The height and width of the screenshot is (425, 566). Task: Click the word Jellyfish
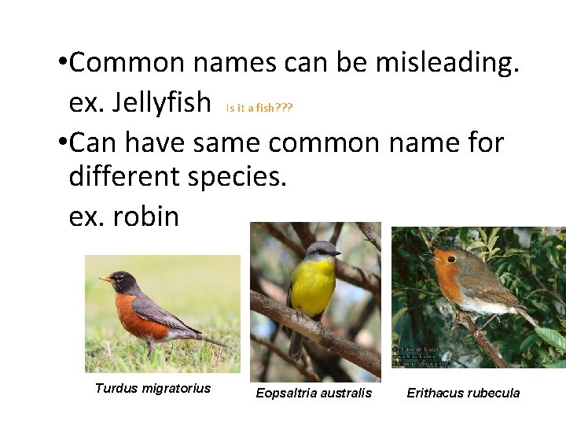[x=162, y=102]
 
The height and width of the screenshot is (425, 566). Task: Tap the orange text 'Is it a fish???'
[x=259, y=108]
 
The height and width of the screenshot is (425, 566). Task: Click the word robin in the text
[x=146, y=216]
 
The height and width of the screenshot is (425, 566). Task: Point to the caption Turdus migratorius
[x=153, y=388]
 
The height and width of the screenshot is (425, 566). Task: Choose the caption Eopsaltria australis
[x=314, y=393]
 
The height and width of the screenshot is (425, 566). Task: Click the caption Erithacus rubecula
[x=463, y=393]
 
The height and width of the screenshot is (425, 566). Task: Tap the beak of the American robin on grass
[x=104, y=279]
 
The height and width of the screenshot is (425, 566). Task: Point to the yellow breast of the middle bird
[x=312, y=287]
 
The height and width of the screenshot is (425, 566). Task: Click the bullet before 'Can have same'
[x=61, y=142]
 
